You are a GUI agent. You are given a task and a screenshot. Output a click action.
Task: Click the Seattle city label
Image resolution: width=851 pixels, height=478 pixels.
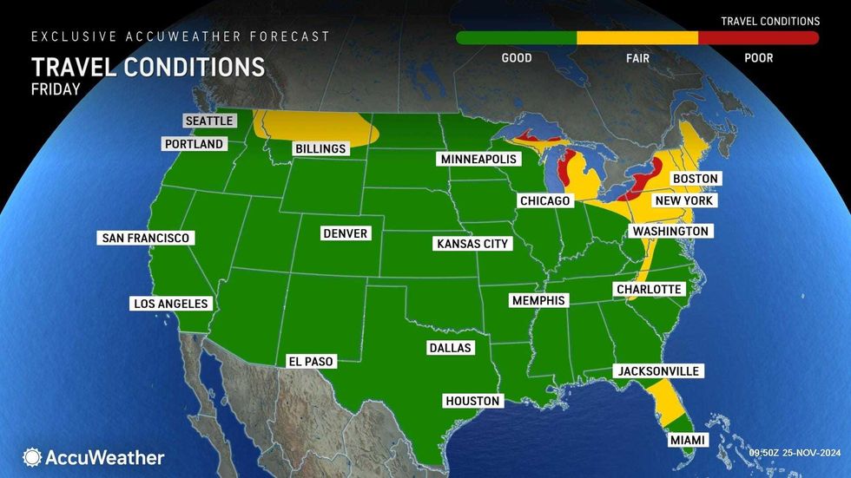[209, 121]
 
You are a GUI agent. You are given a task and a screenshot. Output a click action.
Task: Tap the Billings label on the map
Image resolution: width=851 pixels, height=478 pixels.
[320, 148]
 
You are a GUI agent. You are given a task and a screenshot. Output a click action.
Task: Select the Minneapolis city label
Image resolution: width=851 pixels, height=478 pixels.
[478, 160]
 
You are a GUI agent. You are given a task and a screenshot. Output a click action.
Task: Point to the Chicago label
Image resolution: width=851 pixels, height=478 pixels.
[544, 201]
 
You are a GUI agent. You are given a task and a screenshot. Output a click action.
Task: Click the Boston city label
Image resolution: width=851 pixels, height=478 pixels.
[696, 179]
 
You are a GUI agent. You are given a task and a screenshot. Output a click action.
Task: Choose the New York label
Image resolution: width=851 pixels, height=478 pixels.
[684, 200]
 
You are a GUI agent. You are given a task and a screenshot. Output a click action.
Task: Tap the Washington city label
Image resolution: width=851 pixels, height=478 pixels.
[670, 232]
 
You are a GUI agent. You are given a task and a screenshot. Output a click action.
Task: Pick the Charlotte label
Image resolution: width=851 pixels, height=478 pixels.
[649, 289]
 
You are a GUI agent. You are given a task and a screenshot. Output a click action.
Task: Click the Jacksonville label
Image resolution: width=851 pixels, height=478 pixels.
[657, 371]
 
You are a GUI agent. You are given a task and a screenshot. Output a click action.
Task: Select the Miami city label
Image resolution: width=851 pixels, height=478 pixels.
[687, 442]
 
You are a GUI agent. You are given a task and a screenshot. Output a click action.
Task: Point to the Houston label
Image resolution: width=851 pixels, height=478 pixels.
[472, 401]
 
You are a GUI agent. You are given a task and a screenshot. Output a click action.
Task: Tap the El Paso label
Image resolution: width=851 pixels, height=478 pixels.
[311, 361]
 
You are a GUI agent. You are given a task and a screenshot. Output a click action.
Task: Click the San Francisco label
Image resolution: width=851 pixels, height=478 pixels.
[145, 238]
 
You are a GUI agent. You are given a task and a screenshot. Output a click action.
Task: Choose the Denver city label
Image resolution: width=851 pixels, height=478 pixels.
[345, 233]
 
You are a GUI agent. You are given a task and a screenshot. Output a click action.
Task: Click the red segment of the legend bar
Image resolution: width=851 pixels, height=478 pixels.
[758, 38]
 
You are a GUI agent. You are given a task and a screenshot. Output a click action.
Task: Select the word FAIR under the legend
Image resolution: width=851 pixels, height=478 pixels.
[637, 58]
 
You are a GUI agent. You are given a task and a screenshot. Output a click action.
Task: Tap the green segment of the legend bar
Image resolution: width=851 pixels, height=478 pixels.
[516, 38]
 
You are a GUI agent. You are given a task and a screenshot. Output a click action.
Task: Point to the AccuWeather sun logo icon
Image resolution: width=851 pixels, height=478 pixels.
[33, 457]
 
